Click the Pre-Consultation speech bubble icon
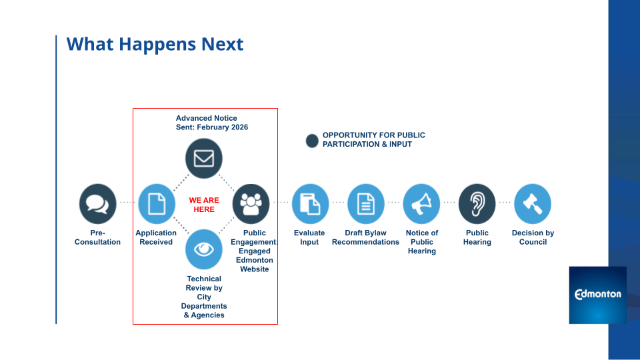97,203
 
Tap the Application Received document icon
156,203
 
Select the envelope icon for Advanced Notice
203,159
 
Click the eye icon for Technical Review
203,249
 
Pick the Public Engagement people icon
251,203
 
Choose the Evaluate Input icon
310,203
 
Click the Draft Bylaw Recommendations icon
366,203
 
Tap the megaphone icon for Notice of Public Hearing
421,203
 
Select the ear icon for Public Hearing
477,203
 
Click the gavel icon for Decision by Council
533,203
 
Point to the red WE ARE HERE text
204,205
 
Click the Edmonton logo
597,295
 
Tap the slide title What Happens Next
155,45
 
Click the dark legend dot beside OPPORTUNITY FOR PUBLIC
312,141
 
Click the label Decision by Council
533,237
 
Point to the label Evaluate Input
309,237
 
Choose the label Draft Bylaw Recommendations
365,237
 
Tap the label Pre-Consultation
97,237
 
